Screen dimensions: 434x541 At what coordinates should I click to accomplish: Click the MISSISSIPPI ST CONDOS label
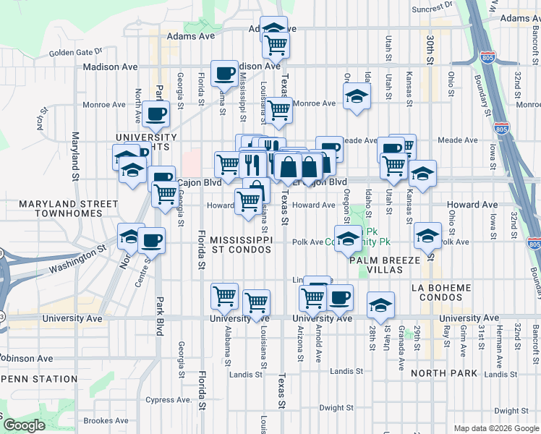point(241,244)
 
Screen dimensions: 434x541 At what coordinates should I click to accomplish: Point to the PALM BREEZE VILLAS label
point(385,264)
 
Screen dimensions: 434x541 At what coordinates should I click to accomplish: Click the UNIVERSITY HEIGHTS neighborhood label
point(145,142)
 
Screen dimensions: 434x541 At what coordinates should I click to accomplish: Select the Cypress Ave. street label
point(168,399)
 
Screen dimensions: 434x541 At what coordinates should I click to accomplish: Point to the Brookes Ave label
point(106,420)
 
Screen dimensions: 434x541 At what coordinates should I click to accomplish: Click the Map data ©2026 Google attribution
point(490,428)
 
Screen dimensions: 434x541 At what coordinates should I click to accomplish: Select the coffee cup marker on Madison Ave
point(224,73)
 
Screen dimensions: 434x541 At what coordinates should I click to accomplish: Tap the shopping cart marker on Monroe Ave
point(278,111)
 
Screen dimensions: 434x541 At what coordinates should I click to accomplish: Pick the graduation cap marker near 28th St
point(380,305)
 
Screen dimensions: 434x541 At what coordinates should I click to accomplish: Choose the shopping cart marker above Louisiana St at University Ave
point(256,302)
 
